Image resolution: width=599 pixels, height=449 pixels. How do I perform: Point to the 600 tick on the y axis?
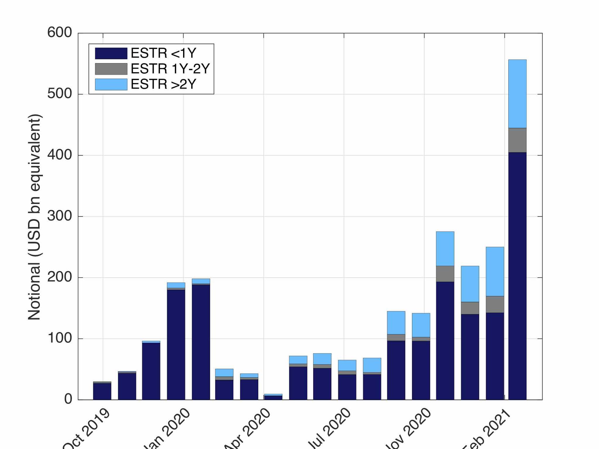tap(60, 32)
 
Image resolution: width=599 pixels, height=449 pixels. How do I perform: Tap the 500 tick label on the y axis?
tap(60, 94)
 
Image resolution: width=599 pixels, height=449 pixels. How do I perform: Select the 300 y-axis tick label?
tap(60, 216)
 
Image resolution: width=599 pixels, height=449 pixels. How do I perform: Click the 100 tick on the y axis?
tap(60, 338)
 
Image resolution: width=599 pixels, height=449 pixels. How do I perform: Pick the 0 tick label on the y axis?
tap(68, 399)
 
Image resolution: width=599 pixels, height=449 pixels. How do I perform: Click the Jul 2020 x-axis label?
tap(330, 428)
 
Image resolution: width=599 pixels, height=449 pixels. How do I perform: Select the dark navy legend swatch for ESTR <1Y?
tap(111, 53)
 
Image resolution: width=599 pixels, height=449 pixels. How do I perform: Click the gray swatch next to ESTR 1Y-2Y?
tap(111, 69)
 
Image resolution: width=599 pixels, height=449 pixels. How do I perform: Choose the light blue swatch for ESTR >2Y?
tap(111, 84)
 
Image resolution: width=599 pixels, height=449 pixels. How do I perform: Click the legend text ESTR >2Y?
tap(163, 84)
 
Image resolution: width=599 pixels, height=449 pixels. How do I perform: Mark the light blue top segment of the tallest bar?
tap(517, 94)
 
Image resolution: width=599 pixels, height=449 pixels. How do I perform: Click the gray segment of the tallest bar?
tap(517, 140)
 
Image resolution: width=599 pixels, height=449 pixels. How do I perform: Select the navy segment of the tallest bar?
tap(517, 275)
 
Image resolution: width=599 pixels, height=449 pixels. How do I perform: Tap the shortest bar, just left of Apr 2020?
tap(273, 397)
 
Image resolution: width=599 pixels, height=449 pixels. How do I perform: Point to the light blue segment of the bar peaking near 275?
tap(445, 248)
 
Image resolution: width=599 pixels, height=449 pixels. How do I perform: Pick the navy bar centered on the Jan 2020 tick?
tap(176, 344)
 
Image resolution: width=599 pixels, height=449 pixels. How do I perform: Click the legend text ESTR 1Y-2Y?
tap(170, 69)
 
